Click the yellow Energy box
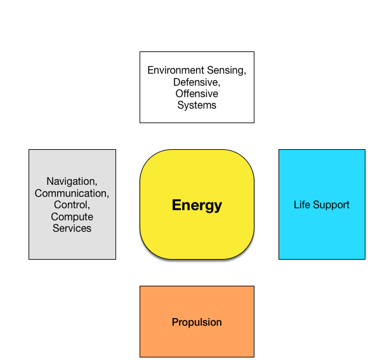tap(197, 204)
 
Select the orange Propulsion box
tap(197, 321)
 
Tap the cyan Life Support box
tap(322, 204)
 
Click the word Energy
tap(197, 205)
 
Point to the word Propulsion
tap(197, 322)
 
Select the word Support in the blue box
tap(331, 205)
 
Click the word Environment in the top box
tap(176, 70)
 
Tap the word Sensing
tap(227, 70)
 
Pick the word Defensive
tap(197, 82)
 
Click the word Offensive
tap(197, 93)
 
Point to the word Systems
tap(197, 105)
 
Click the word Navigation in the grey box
tap(72, 182)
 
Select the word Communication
tap(72, 193)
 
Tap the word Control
tap(72, 205)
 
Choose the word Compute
tap(72, 217)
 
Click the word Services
tap(72, 228)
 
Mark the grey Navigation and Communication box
tap(72, 204)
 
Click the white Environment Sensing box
tap(197, 87)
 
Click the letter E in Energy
tap(177, 205)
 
